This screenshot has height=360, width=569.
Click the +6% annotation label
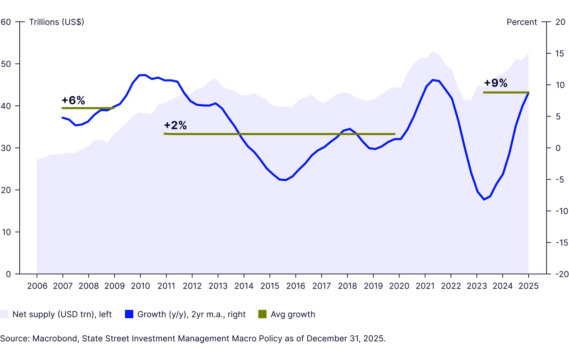73,100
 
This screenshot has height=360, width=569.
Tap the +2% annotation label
175,125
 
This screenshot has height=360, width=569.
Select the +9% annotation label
495,83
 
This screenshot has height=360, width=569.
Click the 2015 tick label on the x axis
270,286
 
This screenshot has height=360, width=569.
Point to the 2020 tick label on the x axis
399,286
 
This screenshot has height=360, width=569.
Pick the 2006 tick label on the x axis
37,286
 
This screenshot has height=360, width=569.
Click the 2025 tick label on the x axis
529,286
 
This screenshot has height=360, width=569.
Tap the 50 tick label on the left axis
6,64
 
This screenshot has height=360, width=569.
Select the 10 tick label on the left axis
6,232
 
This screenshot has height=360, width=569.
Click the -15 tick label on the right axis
561,243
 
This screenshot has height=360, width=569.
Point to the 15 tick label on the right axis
560,54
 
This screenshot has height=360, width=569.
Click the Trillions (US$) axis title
57,22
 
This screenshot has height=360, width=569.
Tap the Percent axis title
521,22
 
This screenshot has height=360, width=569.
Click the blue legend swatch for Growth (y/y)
129,314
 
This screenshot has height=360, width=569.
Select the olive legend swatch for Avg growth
262,314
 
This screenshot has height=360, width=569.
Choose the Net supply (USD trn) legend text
62,314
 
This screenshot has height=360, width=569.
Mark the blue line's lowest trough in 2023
484,199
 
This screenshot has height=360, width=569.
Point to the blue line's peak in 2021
433,80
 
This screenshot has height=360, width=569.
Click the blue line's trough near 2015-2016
286,180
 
